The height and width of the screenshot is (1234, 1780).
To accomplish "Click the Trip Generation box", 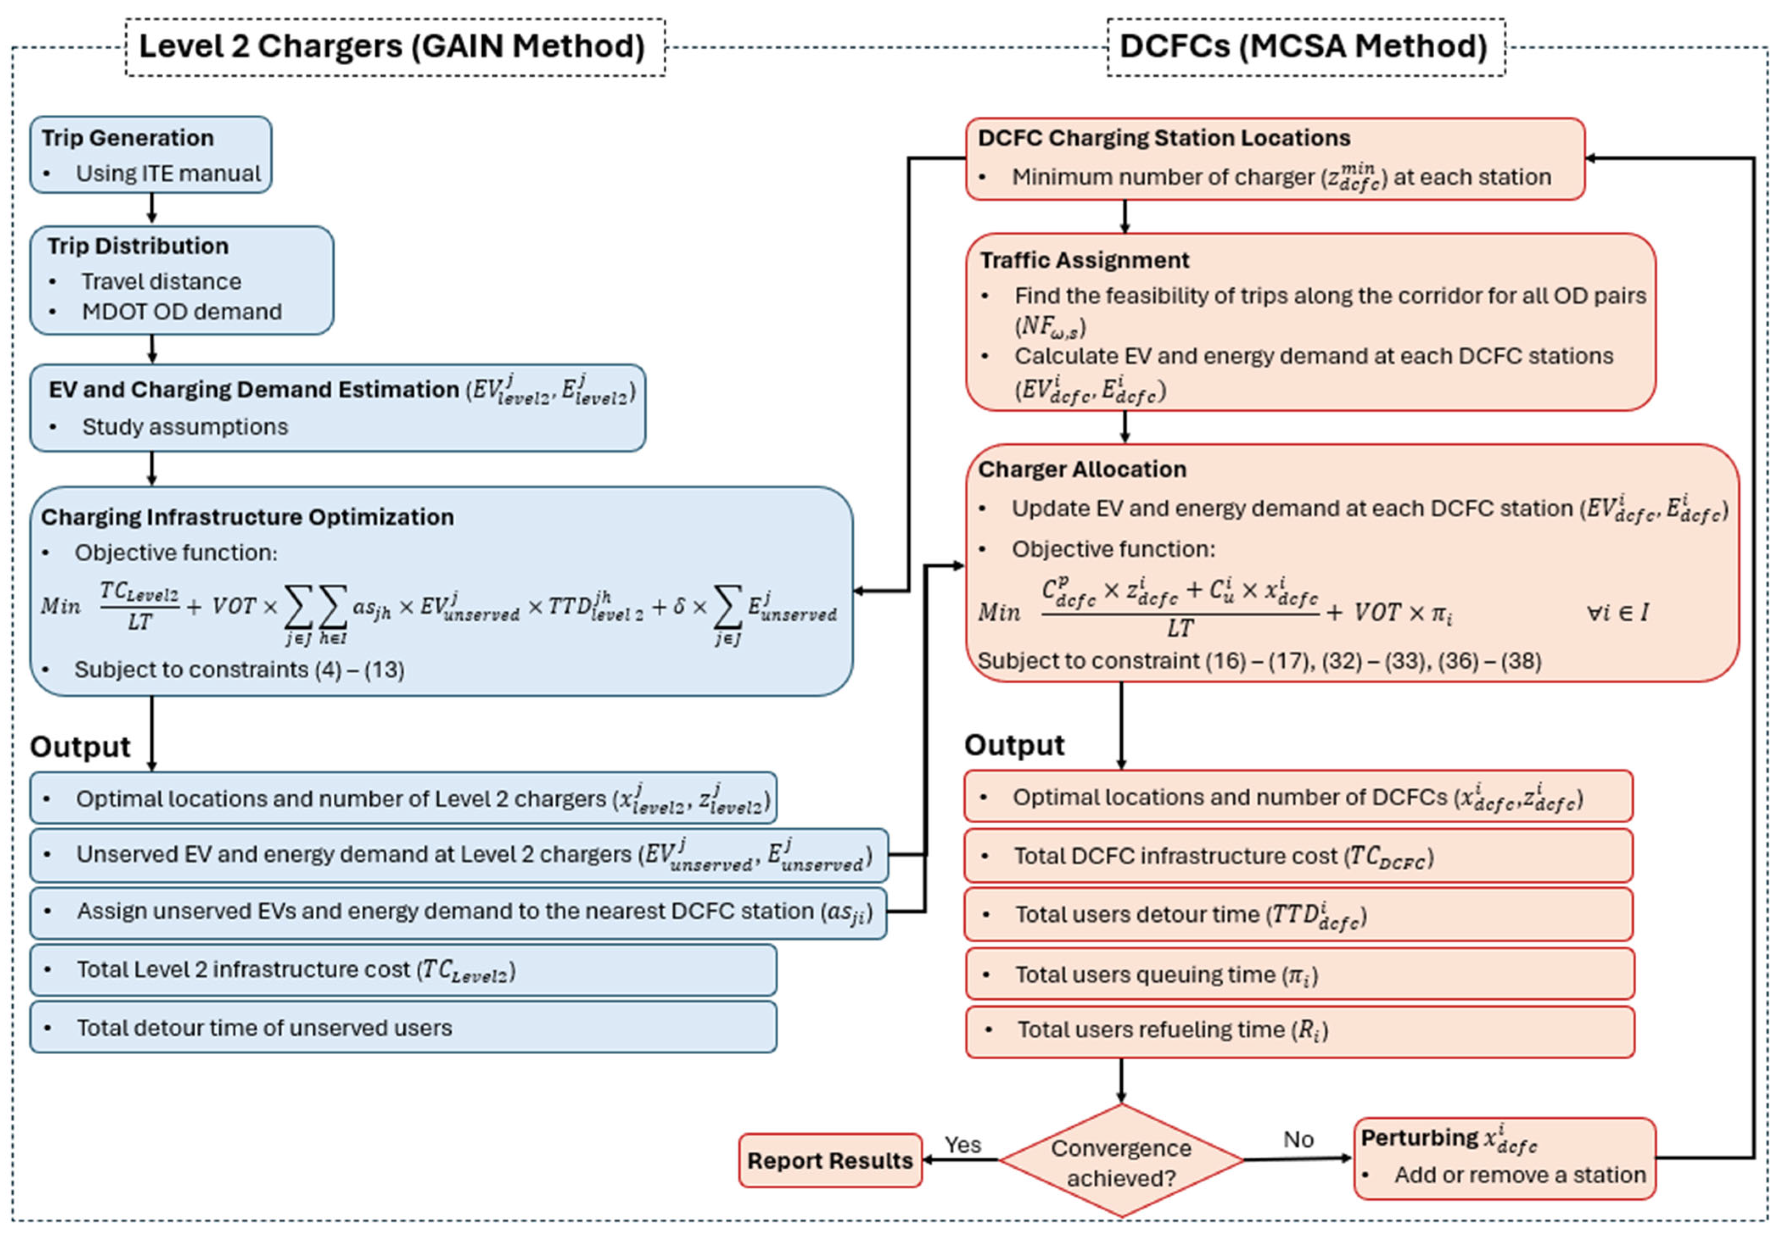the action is coord(151,155).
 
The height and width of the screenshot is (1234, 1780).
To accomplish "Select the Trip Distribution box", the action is coord(182,280).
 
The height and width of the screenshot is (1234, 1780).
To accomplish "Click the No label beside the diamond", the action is coord(1298,1139).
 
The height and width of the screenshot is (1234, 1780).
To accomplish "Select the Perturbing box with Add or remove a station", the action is coord(1504,1158).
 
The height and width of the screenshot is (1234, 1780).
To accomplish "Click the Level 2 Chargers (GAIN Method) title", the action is coord(392,46).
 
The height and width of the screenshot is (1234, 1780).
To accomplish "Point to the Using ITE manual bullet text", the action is coord(168,173).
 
